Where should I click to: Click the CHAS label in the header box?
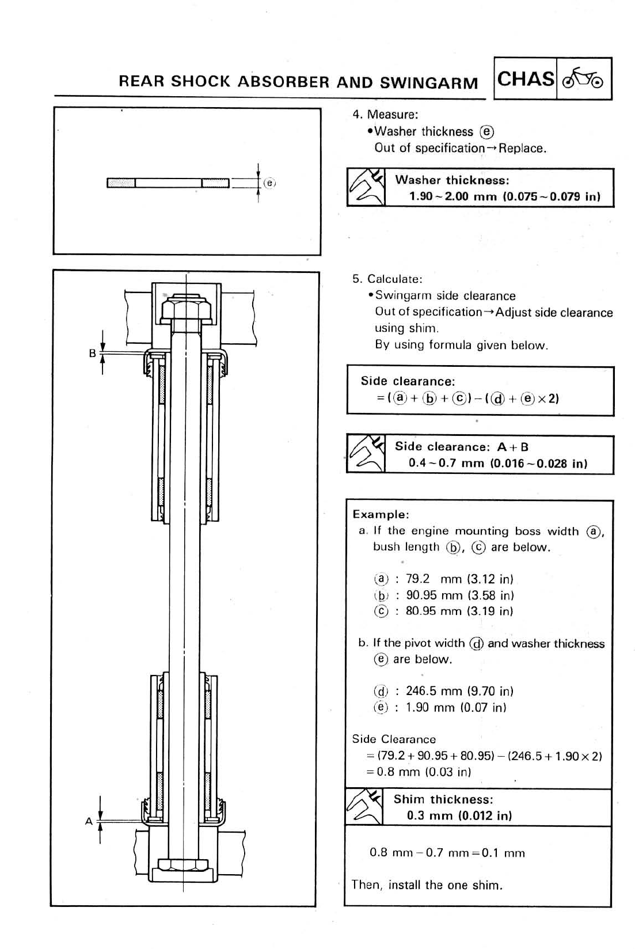pyautogui.click(x=526, y=79)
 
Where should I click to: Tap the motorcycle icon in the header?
pyautogui.click(x=583, y=79)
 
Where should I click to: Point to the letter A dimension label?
pyautogui.click(x=89, y=821)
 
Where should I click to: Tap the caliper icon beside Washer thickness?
pyautogui.click(x=366, y=188)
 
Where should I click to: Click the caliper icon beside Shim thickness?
pyautogui.click(x=365, y=807)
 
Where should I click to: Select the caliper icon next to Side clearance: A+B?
pyautogui.click(x=366, y=454)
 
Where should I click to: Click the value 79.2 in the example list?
pyautogui.click(x=418, y=579)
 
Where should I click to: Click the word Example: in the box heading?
pyautogui.click(x=381, y=514)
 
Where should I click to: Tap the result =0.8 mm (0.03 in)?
pyautogui.click(x=419, y=772)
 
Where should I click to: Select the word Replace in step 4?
pyautogui.click(x=521, y=148)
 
